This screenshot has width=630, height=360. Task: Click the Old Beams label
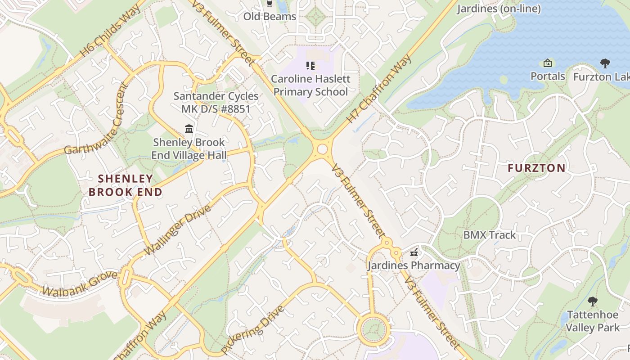pos(270,17)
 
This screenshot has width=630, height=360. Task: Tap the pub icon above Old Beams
pos(269,4)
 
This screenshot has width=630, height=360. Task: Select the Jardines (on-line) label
pos(499,9)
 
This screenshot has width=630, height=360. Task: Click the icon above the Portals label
pos(548,63)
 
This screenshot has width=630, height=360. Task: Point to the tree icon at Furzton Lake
pos(605,63)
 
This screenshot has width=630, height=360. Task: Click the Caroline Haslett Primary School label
pos(310,85)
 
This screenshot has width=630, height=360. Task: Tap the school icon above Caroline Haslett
pos(310,66)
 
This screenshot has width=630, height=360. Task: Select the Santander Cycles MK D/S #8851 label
pos(216,102)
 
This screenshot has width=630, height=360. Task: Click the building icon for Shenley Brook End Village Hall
pos(189,129)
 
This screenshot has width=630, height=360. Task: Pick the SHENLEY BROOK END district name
pos(125,185)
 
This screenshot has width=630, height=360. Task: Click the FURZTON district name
pos(536,168)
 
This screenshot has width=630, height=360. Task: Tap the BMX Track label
pos(490,235)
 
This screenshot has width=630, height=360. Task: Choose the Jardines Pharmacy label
pos(414,265)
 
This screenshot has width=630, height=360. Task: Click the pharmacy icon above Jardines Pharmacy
pos(414,253)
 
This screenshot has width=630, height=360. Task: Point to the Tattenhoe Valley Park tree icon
pos(592,301)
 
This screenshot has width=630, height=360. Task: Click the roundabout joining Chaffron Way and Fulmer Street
pos(322,149)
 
